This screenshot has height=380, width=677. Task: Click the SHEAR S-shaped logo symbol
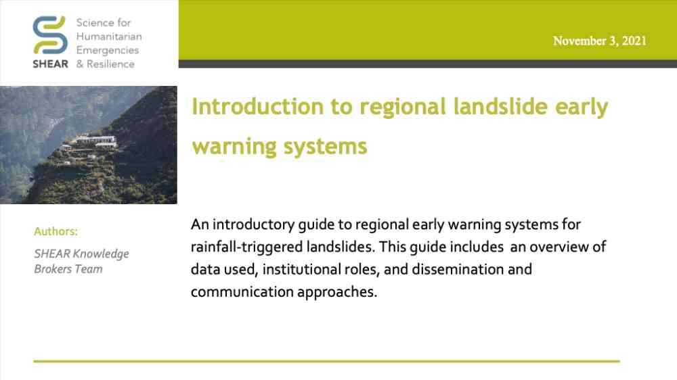50,35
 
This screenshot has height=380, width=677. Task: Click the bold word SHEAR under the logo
50,64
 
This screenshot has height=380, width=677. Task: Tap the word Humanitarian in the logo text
109,37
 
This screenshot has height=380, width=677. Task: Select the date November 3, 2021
600,41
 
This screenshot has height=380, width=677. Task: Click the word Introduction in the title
257,107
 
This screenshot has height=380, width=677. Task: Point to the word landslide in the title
500,107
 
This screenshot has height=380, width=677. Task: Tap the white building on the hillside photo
96,141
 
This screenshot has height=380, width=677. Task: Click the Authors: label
56,231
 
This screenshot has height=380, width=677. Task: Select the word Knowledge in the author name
101,254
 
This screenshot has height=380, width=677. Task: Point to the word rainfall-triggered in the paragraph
246,247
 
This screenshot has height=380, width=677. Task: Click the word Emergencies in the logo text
108,51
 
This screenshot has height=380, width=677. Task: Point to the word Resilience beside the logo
110,64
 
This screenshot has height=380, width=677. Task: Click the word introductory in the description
253,225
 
